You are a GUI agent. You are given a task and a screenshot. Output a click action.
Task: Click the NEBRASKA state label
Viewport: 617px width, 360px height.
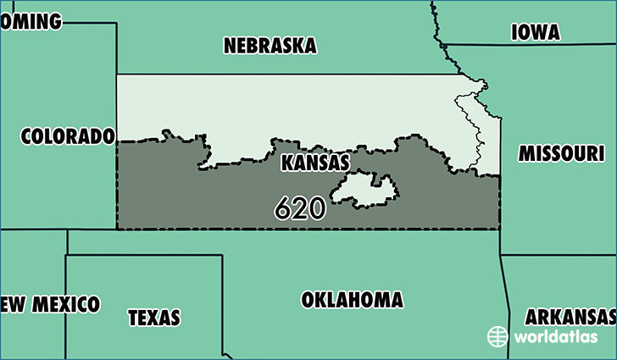pos(270,46)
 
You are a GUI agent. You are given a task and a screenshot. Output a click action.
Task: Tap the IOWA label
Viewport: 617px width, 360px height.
pos(536,32)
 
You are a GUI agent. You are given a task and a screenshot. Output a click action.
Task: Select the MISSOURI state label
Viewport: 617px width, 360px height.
pos(561,153)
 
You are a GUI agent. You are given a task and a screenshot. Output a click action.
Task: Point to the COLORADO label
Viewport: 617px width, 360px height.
pos(68,136)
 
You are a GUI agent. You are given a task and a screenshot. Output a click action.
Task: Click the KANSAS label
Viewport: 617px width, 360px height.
pos(315,162)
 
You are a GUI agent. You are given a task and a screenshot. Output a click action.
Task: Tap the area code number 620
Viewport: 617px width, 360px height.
pos(300,208)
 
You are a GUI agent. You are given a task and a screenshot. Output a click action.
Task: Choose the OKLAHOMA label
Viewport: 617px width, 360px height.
pos(352,300)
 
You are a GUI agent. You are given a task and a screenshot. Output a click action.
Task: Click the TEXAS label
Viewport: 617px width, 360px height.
pos(154,318)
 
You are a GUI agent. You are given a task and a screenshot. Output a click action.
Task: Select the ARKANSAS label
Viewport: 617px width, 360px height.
pos(570,318)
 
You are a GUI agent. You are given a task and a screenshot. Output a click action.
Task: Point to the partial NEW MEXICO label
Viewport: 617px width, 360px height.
pos(51,304)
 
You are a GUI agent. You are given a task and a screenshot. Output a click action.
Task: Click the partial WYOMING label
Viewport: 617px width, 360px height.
pos(32,21)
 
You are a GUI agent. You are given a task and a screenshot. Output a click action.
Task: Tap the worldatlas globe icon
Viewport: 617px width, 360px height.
pos(497,336)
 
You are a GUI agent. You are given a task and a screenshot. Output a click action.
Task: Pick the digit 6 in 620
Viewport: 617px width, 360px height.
pos(283,208)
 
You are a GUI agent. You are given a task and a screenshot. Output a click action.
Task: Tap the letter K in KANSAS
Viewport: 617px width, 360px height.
pos(287,162)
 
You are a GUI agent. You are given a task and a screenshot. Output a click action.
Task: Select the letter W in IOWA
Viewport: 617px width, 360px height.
pos(542,32)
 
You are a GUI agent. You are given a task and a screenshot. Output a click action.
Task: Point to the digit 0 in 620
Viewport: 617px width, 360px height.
pos(317,208)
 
